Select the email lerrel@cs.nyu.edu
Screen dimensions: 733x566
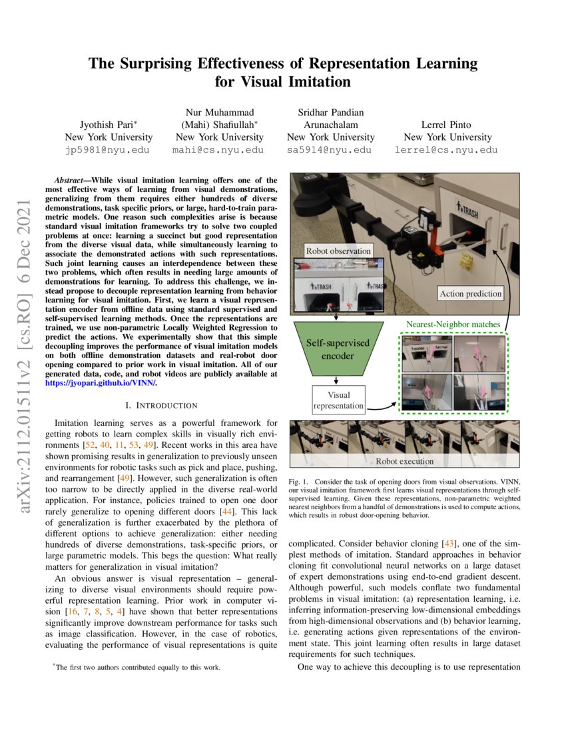(x=450, y=150)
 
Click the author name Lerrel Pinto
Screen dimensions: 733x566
(x=450, y=125)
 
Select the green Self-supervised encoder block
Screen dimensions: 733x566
(x=338, y=349)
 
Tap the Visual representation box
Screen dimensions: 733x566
(x=338, y=399)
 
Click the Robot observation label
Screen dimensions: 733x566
(x=338, y=251)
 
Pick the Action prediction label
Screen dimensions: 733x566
(x=470, y=293)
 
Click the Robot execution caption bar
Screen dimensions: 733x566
(x=404, y=460)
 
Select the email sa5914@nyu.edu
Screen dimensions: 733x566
(x=330, y=150)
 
